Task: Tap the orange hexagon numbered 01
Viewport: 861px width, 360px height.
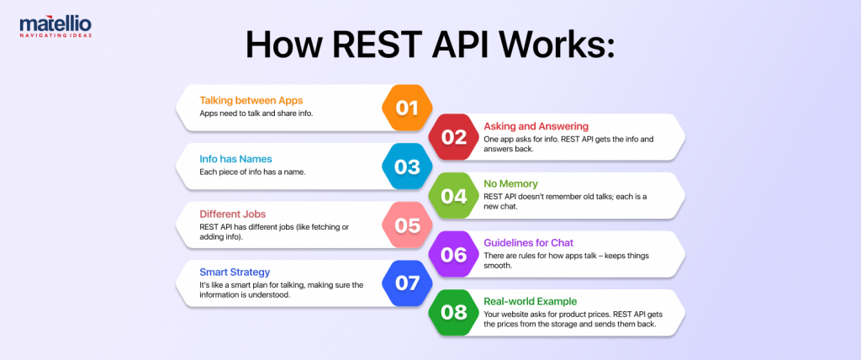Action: [407, 108]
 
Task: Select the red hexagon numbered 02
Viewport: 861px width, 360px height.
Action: [454, 137]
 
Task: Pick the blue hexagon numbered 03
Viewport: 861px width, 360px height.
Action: [407, 167]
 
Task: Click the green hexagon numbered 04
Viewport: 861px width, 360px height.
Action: [454, 196]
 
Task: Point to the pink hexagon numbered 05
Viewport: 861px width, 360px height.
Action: [407, 225]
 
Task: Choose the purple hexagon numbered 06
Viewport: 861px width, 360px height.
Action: [454, 254]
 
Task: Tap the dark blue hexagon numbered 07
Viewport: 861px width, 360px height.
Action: [407, 283]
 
